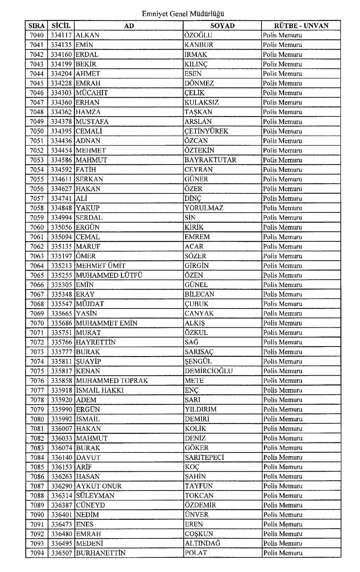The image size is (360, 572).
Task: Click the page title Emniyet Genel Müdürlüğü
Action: pos(183,14)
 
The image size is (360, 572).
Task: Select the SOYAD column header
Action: pos(223,26)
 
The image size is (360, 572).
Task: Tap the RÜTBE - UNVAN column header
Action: pos(301,26)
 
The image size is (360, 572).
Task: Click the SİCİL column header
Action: pos(61,26)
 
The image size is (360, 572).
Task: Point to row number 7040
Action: pos(37,35)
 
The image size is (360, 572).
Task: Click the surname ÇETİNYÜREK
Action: pos(206,131)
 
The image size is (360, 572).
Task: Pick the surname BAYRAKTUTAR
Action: pos(210,160)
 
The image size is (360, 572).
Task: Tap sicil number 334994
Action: pos(61,218)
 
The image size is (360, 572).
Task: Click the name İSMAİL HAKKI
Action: pos(100,390)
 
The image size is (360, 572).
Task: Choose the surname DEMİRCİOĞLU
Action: pos(208,371)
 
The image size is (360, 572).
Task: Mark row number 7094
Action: pos(37,553)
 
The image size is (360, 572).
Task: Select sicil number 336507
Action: pos(61,553)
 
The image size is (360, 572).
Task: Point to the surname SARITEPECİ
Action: pos(204,457)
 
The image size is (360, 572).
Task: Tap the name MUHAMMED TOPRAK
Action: pos(112,381)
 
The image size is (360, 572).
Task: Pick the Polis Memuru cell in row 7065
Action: pos(282,275)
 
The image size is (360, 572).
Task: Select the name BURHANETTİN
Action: pos(101,553)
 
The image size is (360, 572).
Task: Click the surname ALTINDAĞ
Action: pos(202,543)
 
